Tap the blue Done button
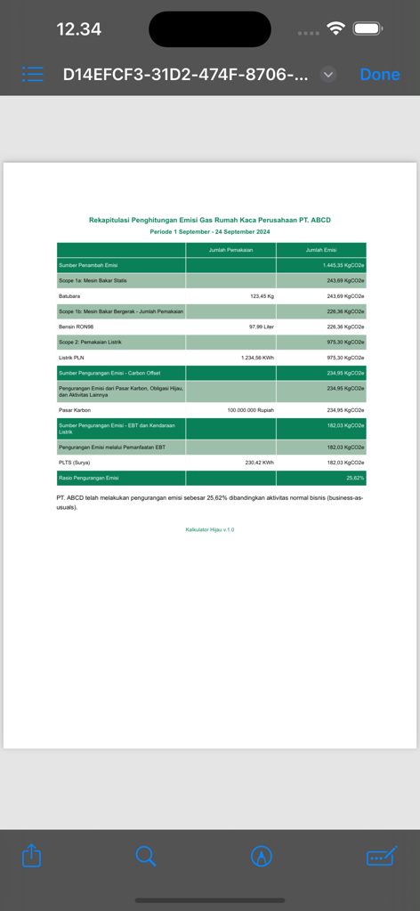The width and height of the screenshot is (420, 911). click(x=380, y=75)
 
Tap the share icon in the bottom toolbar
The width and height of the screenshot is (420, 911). click(x=31, y=856)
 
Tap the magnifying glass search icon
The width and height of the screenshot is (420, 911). click(x=146, y=856)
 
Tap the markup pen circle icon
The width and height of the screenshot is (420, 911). click(x=262, y=856)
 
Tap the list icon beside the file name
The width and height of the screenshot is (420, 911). click(x=33, y=75)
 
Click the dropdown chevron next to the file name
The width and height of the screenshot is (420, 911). click(x=328, y=75)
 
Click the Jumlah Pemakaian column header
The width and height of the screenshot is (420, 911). click(x=230, y=250)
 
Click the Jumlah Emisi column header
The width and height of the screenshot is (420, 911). click(x=320, y=250)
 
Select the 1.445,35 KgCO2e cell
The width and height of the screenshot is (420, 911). click(x=343, y=265)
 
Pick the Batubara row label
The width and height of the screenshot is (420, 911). click(x=69, y=295)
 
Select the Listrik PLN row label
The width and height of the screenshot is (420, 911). click(x=72, y=357)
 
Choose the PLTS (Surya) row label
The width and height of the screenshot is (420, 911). click(x=75, y=463)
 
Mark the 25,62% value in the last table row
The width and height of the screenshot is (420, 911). click(x=355, y=478)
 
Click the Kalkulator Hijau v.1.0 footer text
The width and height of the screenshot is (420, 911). click(x=210, y=529)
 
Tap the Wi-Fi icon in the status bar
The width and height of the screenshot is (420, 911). click(x=335, y=28)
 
